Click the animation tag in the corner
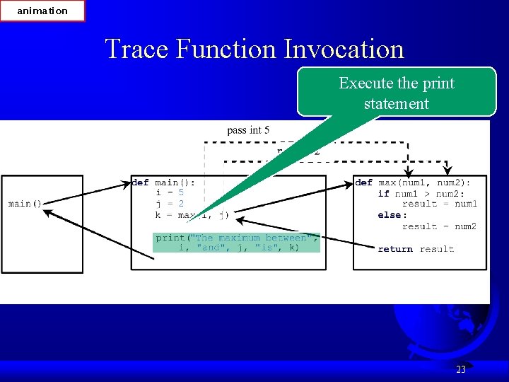coord(42,11)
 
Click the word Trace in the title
coord(136,49)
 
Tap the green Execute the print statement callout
coord(397,93)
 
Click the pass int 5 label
coord(248,130)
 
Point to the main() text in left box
coord(25,204)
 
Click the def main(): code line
coord(164,183)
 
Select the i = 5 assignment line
coord(170,192)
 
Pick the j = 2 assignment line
coord(170,204)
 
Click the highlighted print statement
coord(237,243)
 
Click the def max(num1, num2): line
coord(413,183)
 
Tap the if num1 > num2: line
coord(421,193)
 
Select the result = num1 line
coord(439,204)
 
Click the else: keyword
coord(392,215)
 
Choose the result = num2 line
coord(439,226)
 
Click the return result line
coord(416,249)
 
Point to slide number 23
coord(461,369)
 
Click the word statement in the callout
coord(397,103)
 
